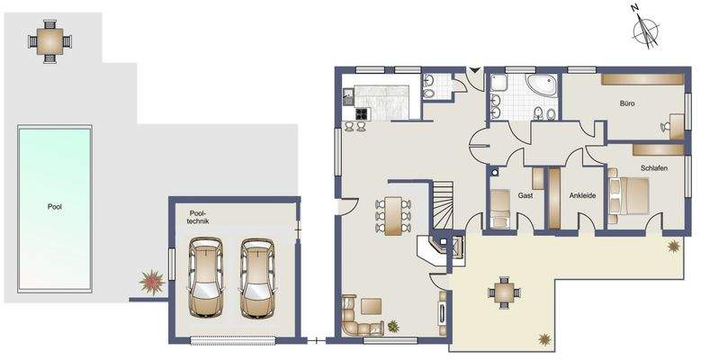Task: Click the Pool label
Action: pyautogui.click(x=55, y=206)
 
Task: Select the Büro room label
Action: pyautogui.click(x=627, y=103)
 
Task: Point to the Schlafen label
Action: pyautogui.click(x=654, y=168)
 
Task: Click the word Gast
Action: pyautogui.click(x=526, y=194)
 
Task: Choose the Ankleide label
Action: pyautogui.click(x=583, y=194)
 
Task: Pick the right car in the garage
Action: pyautogui.click(x=256, y=278)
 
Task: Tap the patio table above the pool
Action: pyautogui.click(x=47, y=40)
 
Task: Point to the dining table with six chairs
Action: pyautogui.click(x=393, y=215)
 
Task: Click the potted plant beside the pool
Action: pyautogui.click(x=151, y=283)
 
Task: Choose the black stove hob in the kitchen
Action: pyautogui.click(x=361, y=113)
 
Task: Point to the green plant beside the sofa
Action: pyautogui.click(x=393, y=325)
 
